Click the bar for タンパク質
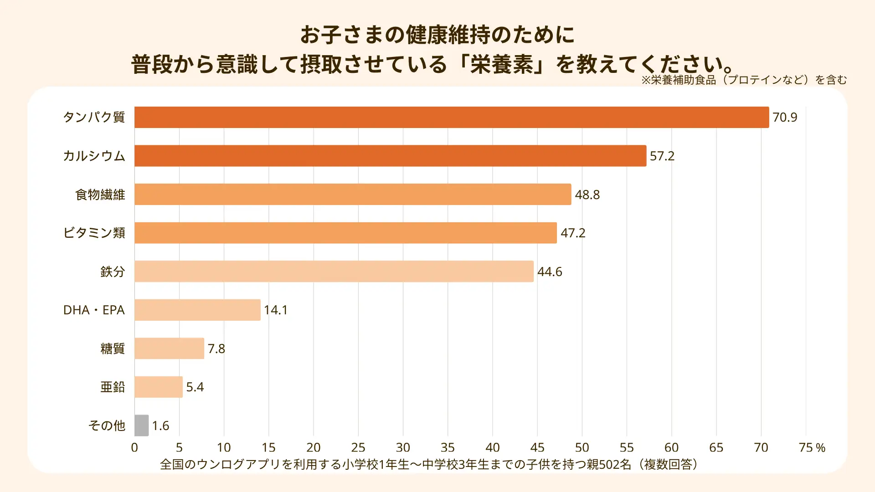click(x=451, y=117)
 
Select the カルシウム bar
click(x=390, y=156)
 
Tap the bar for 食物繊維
click(x=353, y=195)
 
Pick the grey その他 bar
click(x=142, y=425)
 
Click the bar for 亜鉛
click(x=159, y=387)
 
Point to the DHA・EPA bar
click(x=197, y=310)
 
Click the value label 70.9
click(x=785, y=118)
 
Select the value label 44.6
click(x=550, y=272)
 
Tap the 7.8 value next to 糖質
click(x=216, y=349)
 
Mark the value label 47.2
click(x=573, y=233)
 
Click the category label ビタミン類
click(x=94, y=233)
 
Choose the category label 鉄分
click(x=113, y=272)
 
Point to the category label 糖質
click(x=113, y=349)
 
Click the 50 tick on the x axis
click(x=582, y=448)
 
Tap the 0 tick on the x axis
click(x=134, y=448)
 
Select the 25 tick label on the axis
click(x=358, y=448)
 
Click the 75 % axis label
click(x=812, y=448)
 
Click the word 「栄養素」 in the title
click(x=502, y=64)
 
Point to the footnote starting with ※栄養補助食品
click(x=744, y=80)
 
